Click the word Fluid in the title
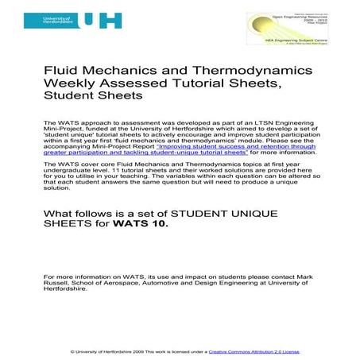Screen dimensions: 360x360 pyautogui.click(x=61, y=71)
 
